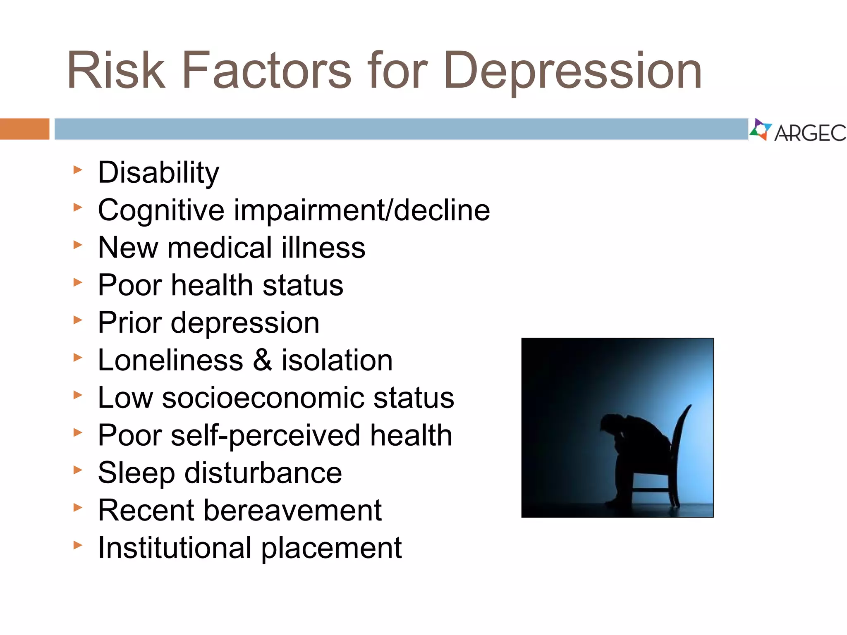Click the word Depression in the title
point(573,71)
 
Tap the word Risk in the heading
point(116,70)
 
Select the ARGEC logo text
point(810,133)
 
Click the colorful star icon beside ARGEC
point(760,130)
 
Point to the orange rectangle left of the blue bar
point(24,129)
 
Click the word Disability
point(158,172)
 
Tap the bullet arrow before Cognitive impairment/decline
point(78,207)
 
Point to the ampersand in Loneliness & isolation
point(262,360)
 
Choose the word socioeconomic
point(263,398)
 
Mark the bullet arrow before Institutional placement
point(78,545)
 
